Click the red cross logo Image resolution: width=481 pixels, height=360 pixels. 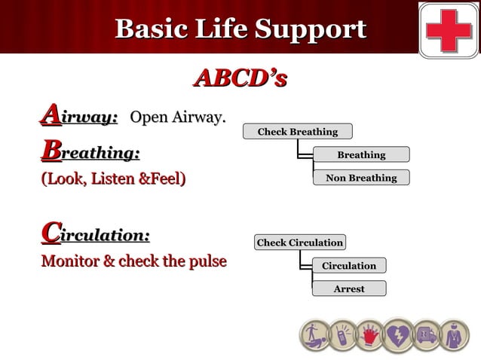click(x=449, y=29)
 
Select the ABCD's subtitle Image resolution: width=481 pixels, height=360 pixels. click(x=240, y=78)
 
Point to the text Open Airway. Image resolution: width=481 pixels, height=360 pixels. click(x=178, y=117)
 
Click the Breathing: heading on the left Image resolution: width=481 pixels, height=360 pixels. click(x=90, y=153)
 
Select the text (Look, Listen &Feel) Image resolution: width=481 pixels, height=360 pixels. click(x=113, y=179)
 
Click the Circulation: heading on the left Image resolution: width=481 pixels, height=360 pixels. click(x=95, y=235)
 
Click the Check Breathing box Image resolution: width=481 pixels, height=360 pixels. click(x=297, y=132)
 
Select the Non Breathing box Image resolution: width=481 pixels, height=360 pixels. click(x=361, y=178)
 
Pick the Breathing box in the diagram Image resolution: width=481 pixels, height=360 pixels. click(x=361, y=154)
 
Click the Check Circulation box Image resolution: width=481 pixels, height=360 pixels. click(x=299, y=243)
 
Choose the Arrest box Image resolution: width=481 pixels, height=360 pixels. click(x=348, y=288)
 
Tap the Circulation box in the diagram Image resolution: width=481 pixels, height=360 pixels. click(x=348, y=265)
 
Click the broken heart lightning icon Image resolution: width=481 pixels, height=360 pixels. click(x=397, y=335)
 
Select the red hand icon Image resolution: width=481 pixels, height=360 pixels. click(x=369, y=335)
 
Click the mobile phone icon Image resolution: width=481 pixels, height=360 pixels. click(x=342, y=335)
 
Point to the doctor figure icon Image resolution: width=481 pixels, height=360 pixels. click(x=454, y=335)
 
